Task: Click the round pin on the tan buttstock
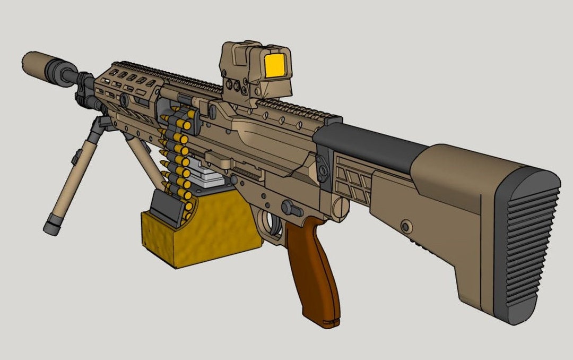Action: coord(406,227)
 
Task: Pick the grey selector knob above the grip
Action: coord(290,207)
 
